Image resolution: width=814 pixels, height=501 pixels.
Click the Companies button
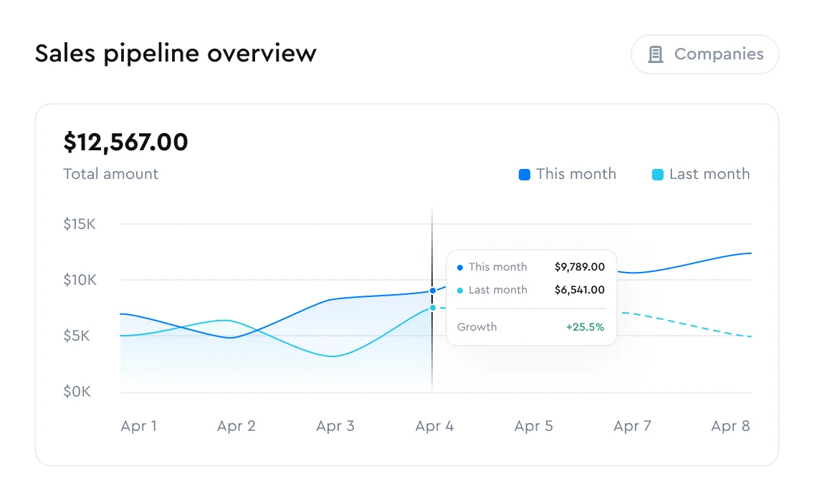[x=704, y=54]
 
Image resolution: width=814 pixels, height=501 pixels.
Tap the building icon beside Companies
[x=656, y=54]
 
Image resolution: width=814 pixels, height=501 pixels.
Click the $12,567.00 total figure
[x=126, y=142]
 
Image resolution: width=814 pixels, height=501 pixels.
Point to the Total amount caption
[x=111, y=174]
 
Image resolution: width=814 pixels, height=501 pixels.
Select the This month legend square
[x=525, y=174]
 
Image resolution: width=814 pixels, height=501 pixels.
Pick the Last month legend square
[x=658, y=174]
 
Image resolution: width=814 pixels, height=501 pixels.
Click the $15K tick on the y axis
[x=80, y=224]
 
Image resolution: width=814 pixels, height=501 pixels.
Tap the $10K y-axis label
[x=80, y=280]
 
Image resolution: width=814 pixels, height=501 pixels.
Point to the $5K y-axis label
[x=77, y=336]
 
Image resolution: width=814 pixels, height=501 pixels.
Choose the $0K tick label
[x=77, y=391]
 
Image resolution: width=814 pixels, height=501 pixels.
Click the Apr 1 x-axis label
[x=138, y=426]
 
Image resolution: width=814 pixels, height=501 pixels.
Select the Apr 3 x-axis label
[x=335, y=426]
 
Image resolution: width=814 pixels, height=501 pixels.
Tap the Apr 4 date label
[x=434, y=426]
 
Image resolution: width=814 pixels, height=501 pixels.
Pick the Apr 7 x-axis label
[x=632, y=426]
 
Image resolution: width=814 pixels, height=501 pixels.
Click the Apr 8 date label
[x=730, y=426]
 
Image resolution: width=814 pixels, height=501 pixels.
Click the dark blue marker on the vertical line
[x=433, y=291]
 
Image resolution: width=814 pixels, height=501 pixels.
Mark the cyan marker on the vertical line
[x=433, y=308]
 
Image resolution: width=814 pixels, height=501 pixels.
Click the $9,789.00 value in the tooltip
[x=580, y=267]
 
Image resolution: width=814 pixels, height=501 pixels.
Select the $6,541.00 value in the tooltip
[x=580, y=290]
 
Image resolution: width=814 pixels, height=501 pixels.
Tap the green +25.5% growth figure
[x=585, y=327]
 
